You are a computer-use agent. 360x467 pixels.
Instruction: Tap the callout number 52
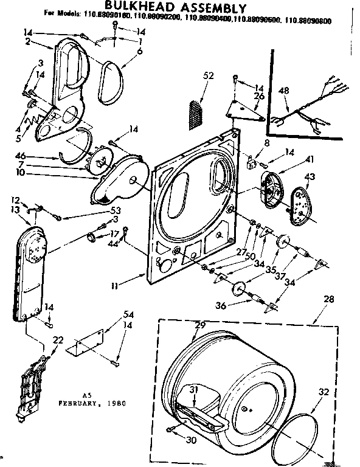point(209,76)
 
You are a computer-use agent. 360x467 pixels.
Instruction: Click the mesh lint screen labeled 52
point(195,114)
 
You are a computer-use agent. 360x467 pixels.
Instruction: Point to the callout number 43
point(309,177)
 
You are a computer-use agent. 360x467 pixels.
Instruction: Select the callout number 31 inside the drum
point(194,390)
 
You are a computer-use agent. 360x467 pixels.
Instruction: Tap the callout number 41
point(293,159)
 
